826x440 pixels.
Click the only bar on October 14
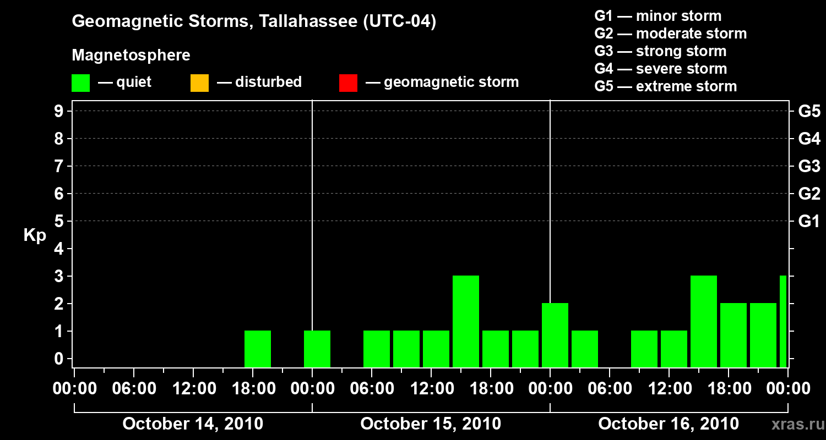(x=258, y=349)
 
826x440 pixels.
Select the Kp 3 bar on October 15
(x=466, y=321)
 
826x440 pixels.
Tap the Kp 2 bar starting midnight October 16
(x=555, y=335)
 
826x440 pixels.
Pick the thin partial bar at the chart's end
(x=783, y=321)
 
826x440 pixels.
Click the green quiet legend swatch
(x=80, y=82)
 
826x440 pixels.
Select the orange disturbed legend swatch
(x=199, y=82)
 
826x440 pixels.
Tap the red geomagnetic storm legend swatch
(x=348, y=82)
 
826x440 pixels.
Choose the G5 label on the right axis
(x=809, y=112)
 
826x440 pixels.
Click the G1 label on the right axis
(x=809, y=222)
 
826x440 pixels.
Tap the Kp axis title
(x=35, y=235)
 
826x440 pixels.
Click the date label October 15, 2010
(x=431, y=424)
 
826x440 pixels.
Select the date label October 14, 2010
(x=193, y=424)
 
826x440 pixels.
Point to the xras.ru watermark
(x=793, y=424)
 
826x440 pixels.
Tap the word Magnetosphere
(x=131, y=56)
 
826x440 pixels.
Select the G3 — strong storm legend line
(x=660, y=51)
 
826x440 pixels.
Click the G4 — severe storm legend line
(x=661, y=69)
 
